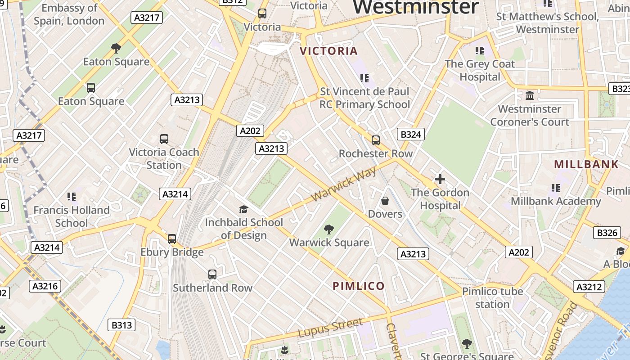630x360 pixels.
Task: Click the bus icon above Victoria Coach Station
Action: (164, 139)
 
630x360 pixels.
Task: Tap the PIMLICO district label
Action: (359, 286)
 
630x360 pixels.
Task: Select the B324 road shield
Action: (411, 134)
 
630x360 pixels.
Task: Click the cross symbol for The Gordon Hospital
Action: (440, 180)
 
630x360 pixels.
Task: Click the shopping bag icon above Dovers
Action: (385, 201)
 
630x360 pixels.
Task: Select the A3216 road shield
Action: (45, 286)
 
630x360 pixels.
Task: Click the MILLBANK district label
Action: (586, 164)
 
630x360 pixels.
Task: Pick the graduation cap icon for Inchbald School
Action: (243, 209)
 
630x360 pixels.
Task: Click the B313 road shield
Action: (121, 325)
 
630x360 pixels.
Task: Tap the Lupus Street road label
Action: (330, 328)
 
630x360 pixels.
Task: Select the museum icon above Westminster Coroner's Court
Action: (530, 96)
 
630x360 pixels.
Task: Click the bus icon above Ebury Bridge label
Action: (172, 239)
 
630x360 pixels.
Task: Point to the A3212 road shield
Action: (589, 287)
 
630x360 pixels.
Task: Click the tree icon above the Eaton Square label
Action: (116, 48)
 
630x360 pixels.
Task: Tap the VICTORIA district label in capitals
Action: (329, 51)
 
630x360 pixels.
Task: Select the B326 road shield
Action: (607, 233)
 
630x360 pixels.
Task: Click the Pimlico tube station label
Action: (493, 298)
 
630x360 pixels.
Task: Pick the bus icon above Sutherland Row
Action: (212, 274)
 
